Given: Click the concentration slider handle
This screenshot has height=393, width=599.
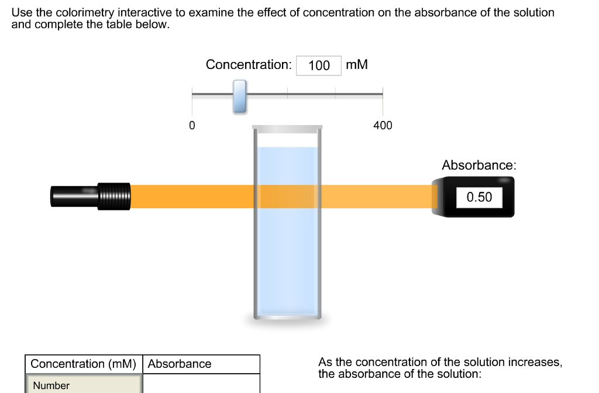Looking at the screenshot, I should tap(239, 96).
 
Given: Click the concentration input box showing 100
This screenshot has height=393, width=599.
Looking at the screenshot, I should tap(319, 65).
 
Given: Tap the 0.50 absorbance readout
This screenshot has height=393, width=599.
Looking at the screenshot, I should tap(479, 197).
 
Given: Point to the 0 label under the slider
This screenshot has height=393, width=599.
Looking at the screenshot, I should tap(192, 125).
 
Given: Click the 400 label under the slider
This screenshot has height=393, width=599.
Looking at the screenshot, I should tap(383, 125).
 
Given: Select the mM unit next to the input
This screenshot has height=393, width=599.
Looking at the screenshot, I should tap(357, 64).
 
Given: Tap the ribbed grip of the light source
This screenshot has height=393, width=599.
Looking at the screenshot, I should tap(114, 196).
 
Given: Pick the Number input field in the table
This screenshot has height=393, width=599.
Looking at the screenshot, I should tap(83, 385).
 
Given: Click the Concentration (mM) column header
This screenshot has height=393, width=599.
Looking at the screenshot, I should tap(83, 364).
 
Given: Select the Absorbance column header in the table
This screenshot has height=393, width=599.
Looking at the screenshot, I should tap(180, 364).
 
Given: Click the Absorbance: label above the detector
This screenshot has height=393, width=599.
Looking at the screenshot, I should tap(479, 165).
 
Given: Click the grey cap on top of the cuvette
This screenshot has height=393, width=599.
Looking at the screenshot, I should tap(287, 127).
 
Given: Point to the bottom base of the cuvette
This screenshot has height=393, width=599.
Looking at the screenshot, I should tap(287, 318).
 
